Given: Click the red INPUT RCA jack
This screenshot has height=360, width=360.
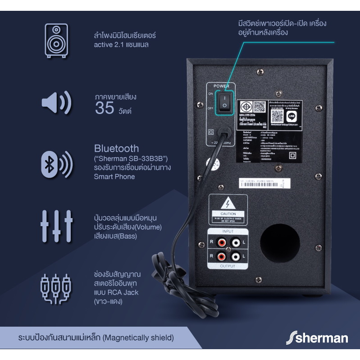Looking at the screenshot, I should [221, 242].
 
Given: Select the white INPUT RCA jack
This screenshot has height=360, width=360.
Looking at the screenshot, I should [235, 242].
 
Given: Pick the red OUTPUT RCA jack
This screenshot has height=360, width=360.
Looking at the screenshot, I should [221, 257].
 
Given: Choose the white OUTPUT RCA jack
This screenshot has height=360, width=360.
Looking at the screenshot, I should [235, 257].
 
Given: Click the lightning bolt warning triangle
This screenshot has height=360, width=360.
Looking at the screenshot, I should [228, 203].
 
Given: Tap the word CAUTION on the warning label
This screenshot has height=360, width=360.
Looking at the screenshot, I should [228, 214].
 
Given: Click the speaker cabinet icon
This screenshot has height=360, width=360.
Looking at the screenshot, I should [56, 41].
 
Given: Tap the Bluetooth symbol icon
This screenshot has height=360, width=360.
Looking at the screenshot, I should [50, 163].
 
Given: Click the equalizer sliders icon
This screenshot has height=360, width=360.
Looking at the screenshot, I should [56, 225].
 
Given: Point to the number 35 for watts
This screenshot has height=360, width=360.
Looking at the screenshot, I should [104, 108].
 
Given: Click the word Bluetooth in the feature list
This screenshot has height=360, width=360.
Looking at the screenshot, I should [116, 148].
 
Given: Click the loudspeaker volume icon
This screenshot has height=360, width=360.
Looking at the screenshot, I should [56, 102].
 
